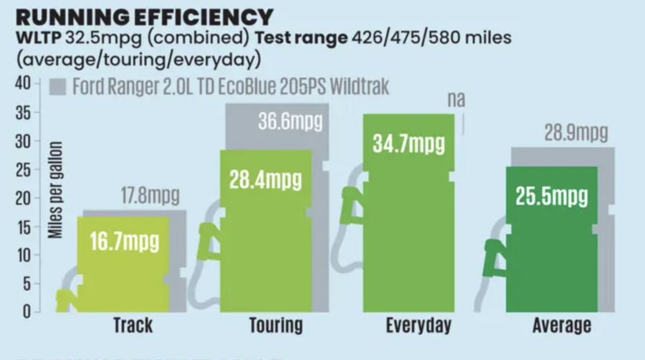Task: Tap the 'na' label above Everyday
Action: pos(456,100)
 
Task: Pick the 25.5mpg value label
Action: pos(553,196)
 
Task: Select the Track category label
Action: pos(133,326)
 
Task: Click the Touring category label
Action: pos(276,326)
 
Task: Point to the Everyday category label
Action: pos(419,326)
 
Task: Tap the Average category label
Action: pos(562,326)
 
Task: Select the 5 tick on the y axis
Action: pos(27,283)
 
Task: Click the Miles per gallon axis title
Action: pos(57,190)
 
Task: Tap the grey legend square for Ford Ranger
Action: pos(59,87)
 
